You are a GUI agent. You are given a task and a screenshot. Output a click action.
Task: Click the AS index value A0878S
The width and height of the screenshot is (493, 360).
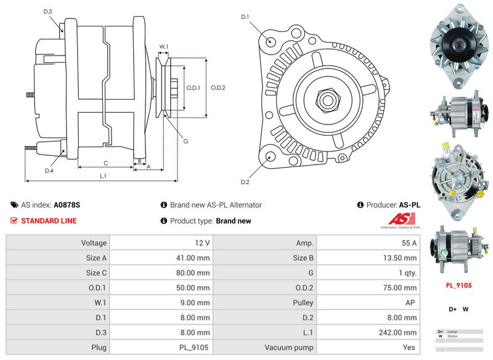pos(67,205)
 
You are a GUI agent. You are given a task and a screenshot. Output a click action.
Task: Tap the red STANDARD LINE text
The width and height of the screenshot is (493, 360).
pos(49,221)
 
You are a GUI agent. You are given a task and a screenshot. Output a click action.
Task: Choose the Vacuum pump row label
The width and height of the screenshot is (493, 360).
pos(289,347)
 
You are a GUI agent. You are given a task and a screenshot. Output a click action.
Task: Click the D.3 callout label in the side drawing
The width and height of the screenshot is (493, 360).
pos(48,12)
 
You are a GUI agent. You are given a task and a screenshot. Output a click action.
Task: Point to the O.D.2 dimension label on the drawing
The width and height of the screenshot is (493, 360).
pos(218,88)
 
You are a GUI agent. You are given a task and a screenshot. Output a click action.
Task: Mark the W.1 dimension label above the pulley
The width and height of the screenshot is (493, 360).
pos(164,46)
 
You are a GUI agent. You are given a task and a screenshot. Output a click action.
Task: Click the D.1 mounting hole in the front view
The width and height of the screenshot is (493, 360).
pos(271,41)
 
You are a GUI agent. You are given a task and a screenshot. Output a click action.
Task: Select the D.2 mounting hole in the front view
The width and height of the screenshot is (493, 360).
pos(269,157)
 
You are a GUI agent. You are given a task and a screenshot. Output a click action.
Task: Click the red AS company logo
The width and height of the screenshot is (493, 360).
pos(402,219)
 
